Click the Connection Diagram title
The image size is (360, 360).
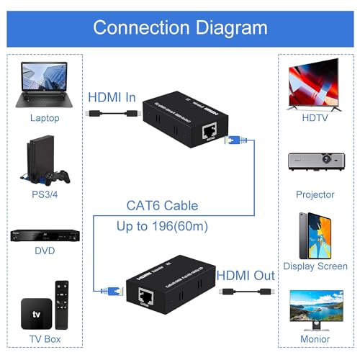click(180, 27)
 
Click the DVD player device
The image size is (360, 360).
click(45, 238)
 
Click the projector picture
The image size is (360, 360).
click(315, 163)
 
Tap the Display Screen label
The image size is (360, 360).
click(315, 266)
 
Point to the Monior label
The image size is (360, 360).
click(315, 338)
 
